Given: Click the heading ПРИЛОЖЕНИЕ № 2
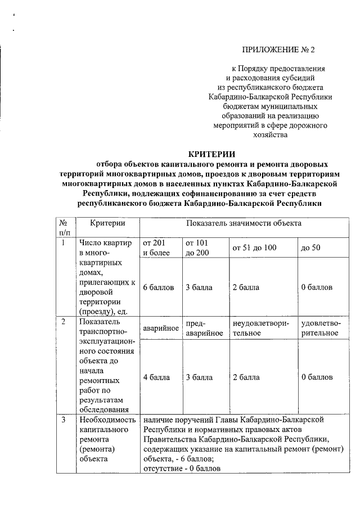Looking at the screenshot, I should click(x=278, y=50).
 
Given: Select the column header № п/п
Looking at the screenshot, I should click(x=65, y=227).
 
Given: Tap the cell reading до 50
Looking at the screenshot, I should click(x=310, y=248).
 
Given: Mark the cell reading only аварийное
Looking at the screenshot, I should click(x=161, y=328).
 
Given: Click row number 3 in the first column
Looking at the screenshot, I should click(x=64, y=420).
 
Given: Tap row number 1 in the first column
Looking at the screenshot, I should click(x=64, y=243).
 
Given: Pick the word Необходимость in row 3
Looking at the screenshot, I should click(x=107, y=420).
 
